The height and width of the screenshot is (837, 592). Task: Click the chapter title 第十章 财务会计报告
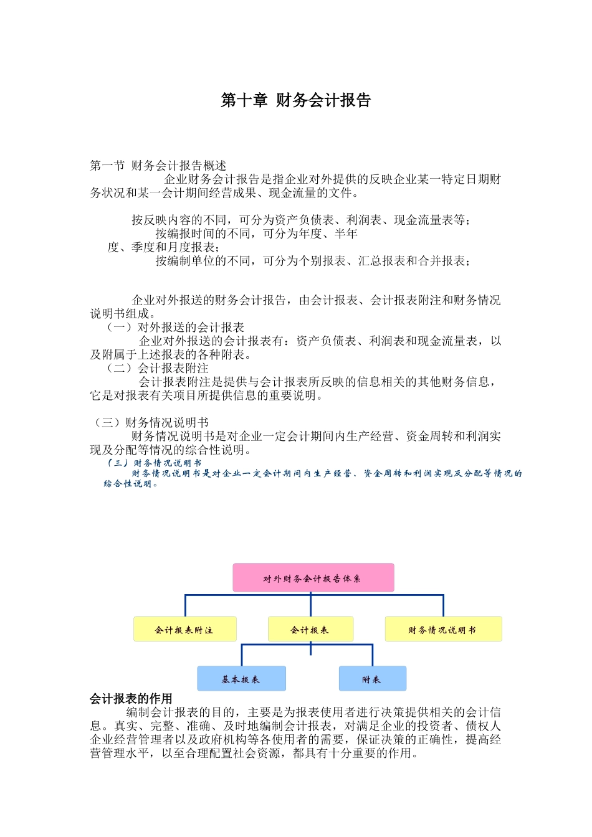296,100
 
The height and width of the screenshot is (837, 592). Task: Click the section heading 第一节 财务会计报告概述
158,166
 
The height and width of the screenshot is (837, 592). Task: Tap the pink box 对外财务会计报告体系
313,578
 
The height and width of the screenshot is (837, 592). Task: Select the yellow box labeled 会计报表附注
184,629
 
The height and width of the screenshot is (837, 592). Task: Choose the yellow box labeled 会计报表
310,629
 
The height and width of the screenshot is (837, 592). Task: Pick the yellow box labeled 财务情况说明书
443,629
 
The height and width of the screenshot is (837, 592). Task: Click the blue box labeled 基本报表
241,679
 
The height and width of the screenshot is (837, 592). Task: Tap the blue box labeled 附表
372,679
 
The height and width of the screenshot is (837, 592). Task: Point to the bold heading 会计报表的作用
131,699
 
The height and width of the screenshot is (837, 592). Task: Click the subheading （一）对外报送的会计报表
175,328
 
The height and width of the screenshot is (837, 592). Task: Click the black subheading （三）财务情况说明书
151,423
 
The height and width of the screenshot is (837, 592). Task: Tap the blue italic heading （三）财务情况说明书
153,463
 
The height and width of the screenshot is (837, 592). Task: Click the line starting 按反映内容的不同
301,220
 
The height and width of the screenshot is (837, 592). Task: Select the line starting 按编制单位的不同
312,261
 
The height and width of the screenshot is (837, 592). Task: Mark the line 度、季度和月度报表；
163,247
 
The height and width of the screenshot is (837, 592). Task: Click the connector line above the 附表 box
373,655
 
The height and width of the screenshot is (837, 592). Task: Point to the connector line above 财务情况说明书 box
443,605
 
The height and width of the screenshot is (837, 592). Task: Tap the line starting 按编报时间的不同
256,234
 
